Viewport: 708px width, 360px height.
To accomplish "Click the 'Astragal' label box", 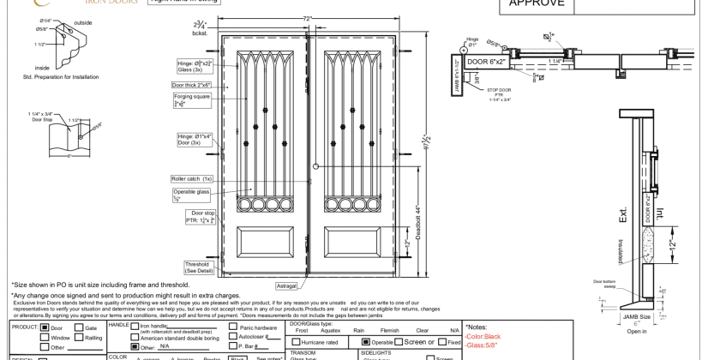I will point(285,285).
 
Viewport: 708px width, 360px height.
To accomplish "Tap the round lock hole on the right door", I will point(316,166).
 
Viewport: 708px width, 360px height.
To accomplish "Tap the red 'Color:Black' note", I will point(486,337).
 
